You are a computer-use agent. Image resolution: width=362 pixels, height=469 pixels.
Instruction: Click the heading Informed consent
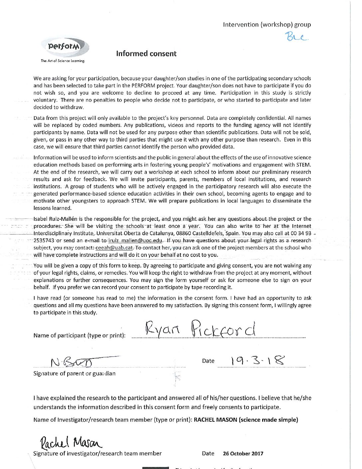click(146, 54)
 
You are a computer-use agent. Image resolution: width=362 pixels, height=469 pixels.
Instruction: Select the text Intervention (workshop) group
click(267, 24)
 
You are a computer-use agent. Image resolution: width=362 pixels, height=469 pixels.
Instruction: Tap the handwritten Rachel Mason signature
click(71, 443)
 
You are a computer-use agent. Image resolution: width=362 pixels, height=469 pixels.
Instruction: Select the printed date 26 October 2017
click(243, 453)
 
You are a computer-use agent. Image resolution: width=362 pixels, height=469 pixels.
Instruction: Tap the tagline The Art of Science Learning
click(63, 61)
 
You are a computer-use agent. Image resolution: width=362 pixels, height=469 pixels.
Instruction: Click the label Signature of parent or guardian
click(74, 373)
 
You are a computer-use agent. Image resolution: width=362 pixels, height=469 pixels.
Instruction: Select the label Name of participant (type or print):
click(80, 335)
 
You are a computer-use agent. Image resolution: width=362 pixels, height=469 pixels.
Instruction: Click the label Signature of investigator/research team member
click(97, 453)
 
